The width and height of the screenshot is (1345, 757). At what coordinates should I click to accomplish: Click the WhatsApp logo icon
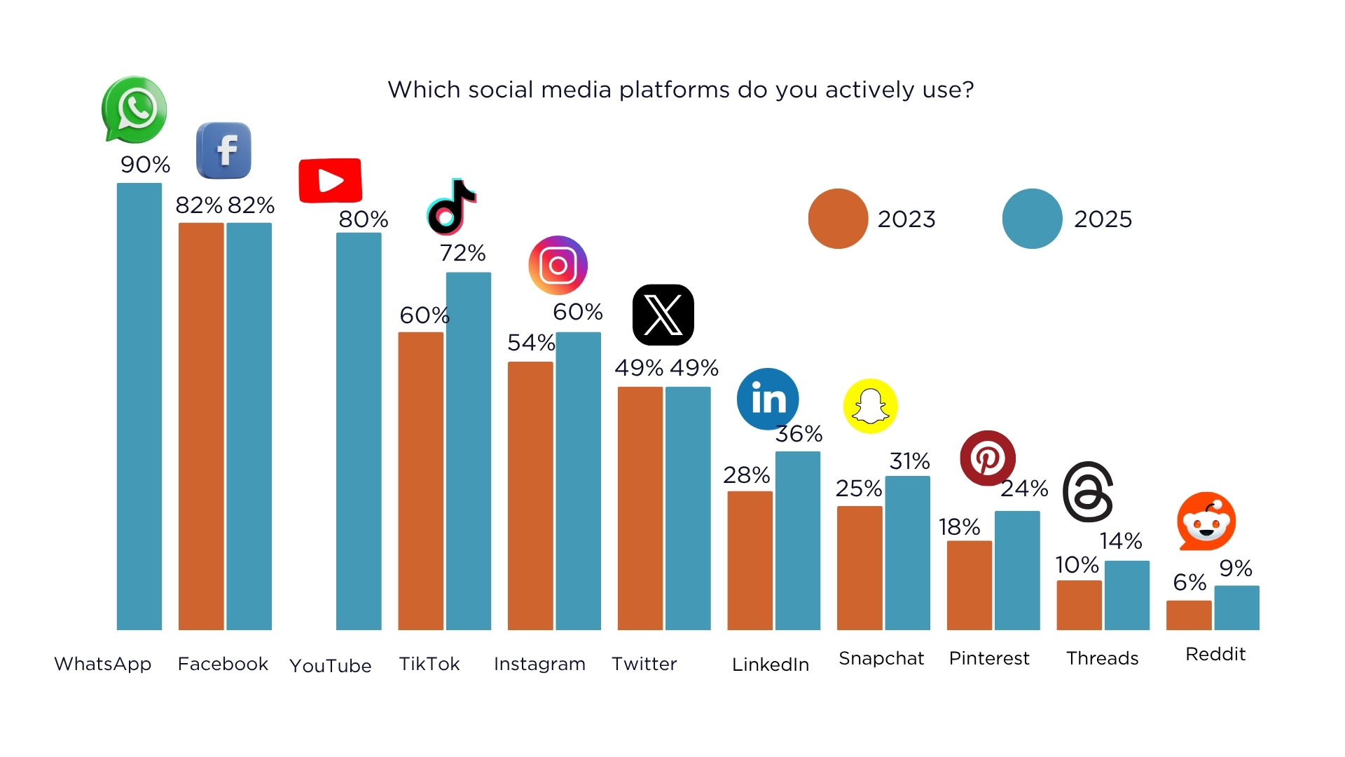point(134,109)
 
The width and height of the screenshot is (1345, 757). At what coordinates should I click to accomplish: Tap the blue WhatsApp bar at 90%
point(139,407)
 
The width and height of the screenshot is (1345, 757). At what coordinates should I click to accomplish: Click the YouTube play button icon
point(330,181)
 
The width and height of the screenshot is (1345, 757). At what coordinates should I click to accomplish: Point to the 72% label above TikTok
point(462,253)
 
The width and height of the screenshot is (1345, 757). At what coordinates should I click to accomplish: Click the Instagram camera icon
point(558,266)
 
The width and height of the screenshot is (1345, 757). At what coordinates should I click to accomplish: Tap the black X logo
point(663,315)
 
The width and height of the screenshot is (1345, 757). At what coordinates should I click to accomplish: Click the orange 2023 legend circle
point(838,219)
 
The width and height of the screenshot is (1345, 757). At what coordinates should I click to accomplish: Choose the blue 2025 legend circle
point(1032,219)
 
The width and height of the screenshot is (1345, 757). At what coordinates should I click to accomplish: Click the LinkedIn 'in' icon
point(768,399)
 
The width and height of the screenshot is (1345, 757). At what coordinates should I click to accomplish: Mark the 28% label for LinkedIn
point(747,475)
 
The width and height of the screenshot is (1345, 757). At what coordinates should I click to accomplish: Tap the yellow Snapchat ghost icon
point(870,406)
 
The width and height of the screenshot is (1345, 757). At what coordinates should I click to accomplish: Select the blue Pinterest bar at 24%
point(1017,571)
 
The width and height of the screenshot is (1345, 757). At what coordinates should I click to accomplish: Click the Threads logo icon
point(1088,492)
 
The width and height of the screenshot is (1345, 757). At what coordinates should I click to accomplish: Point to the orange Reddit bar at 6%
point(1189,615)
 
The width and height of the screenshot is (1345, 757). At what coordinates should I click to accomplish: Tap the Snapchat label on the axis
point(881,658)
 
